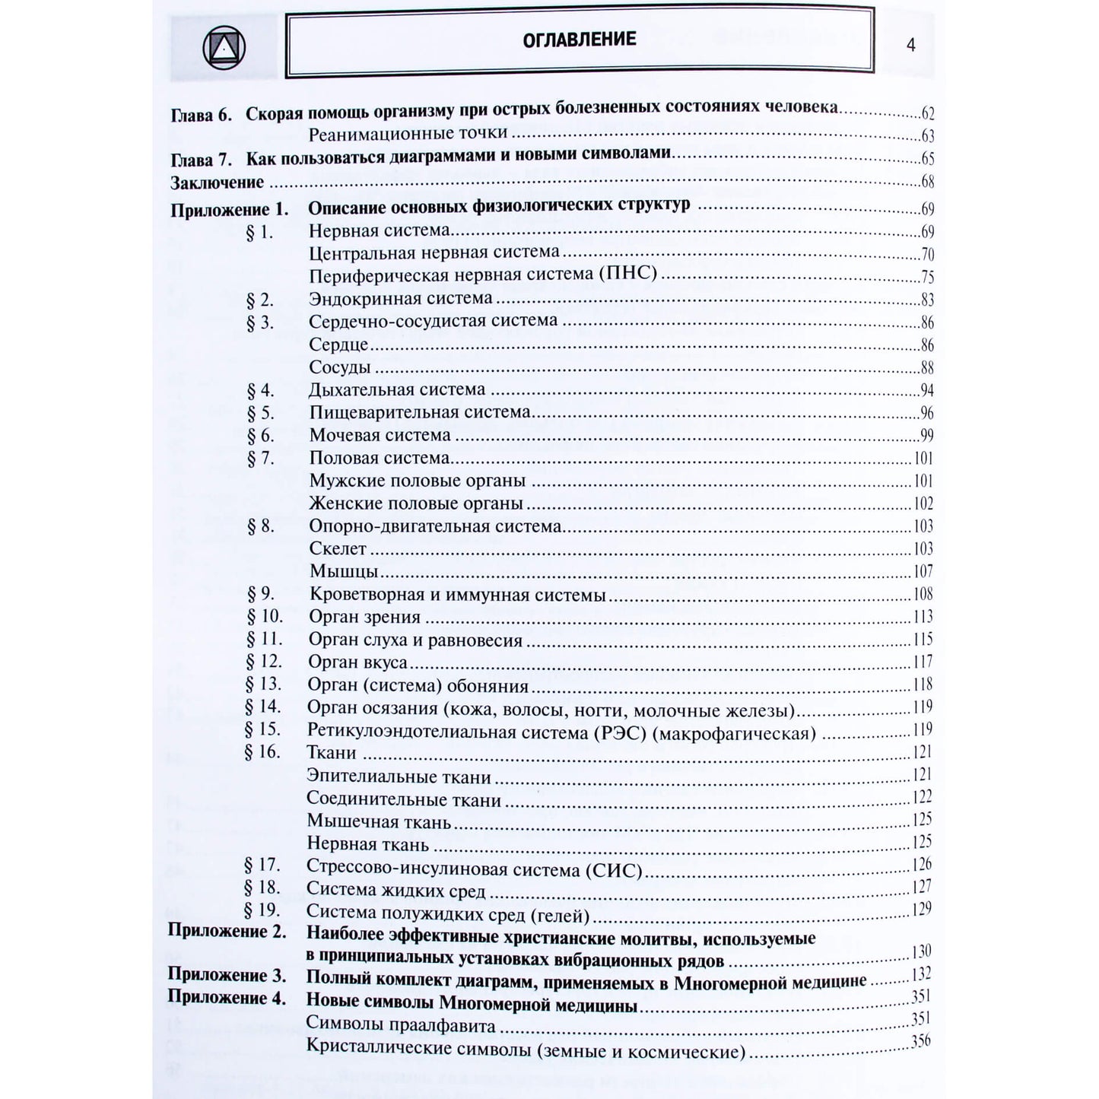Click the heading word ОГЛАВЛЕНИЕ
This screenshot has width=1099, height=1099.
(x=579, y=40)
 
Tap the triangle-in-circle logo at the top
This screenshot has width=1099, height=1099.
(x=224, y=49)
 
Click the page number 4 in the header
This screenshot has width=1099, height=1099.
(x=910, y=45)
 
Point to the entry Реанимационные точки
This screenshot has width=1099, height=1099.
(x=408, y=134)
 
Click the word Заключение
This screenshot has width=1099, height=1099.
(x=217, y=183)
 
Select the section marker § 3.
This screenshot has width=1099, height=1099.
(x=259, y=322)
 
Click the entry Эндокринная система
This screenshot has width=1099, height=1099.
(x=400, y=299)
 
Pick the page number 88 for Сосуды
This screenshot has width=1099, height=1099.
(x=927, y=368)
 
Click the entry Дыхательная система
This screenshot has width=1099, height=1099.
(x=396, y=389)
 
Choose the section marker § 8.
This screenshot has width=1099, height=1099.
(x=260, y=526)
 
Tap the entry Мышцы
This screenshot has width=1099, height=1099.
(x=343, y=571)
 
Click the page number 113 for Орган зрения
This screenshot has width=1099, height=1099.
(x=923, y=617)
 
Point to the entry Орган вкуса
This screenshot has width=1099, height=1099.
(x=357, y=662)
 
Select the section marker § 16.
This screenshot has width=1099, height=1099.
(x=262, y=752)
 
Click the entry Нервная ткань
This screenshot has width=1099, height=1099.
(x=367, y=844)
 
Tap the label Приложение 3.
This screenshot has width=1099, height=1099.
(x=227, y=976)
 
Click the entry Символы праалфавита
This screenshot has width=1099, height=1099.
(x=400, y=1025)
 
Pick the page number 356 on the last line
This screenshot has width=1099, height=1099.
(x=920, y=1042)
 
